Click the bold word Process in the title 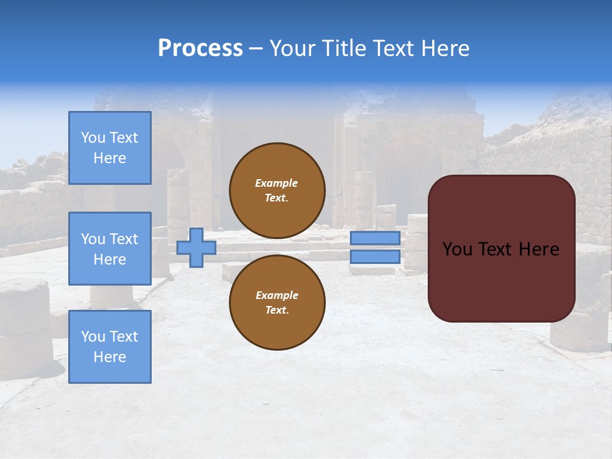(x=200, y=48)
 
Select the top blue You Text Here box (x=110, y=148)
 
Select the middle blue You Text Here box (x=110, y=249)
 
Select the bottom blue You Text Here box (x=110, y=347)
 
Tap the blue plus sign (x=196, y=248)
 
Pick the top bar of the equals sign (x=375, y=238)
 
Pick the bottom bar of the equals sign (x=375, y=257)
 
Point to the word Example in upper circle (x=277, y=183)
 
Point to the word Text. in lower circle (x=277, y=310)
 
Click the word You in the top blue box (x=93, y=138)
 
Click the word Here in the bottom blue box (x=110, y=357)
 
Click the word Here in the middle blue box (x=110, y=259)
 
